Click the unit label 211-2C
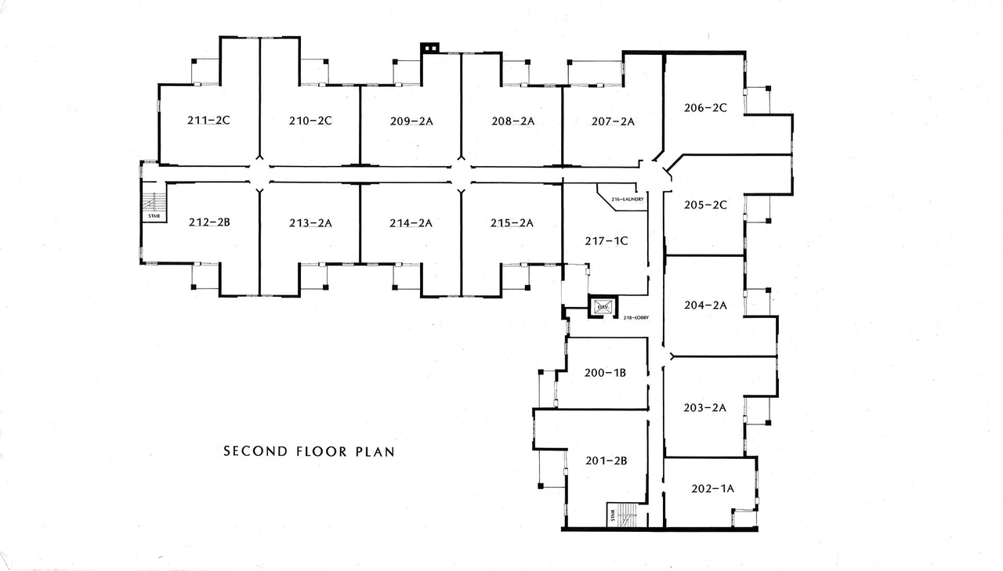coord(208,121)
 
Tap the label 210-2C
coord(310,121)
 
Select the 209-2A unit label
coord(411,121)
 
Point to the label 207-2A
coord(613,121)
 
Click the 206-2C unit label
coord(705,108)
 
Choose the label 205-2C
coord(705,205)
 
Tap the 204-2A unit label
coord(705,305)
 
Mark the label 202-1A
coord(712,489)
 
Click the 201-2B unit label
coord(607,461)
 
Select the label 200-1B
coord(605,373)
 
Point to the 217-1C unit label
coord(607,241)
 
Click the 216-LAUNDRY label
coord(628,199)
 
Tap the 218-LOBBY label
coord(636,318)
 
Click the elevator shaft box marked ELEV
coord(603,307)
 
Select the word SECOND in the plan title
coord(255,451)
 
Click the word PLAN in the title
coord(375,451)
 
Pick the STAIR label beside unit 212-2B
coord(154,216)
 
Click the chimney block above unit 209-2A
coord(429,48)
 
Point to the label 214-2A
coord(411,223)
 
